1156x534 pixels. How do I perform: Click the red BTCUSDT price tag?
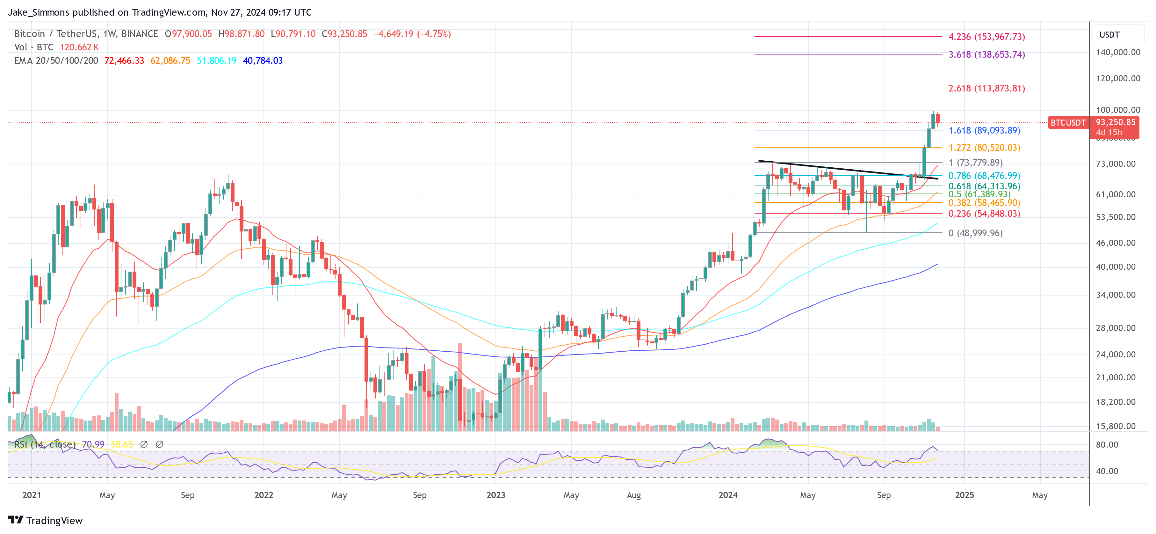tap(1068, 123)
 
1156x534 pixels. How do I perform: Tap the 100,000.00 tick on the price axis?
tap(1117, 110)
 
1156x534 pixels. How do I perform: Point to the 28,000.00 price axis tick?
tap(1117, 328)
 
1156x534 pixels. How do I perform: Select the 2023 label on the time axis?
tap(495, 495)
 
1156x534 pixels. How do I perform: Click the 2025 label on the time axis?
tap(965, 495)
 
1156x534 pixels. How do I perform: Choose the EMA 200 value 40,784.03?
tap(263, 61)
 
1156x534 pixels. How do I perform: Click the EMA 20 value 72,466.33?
tap(124, 61)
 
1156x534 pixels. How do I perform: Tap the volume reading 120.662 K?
tap(79, 47)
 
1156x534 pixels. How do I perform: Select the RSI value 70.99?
tap(93, 444)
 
